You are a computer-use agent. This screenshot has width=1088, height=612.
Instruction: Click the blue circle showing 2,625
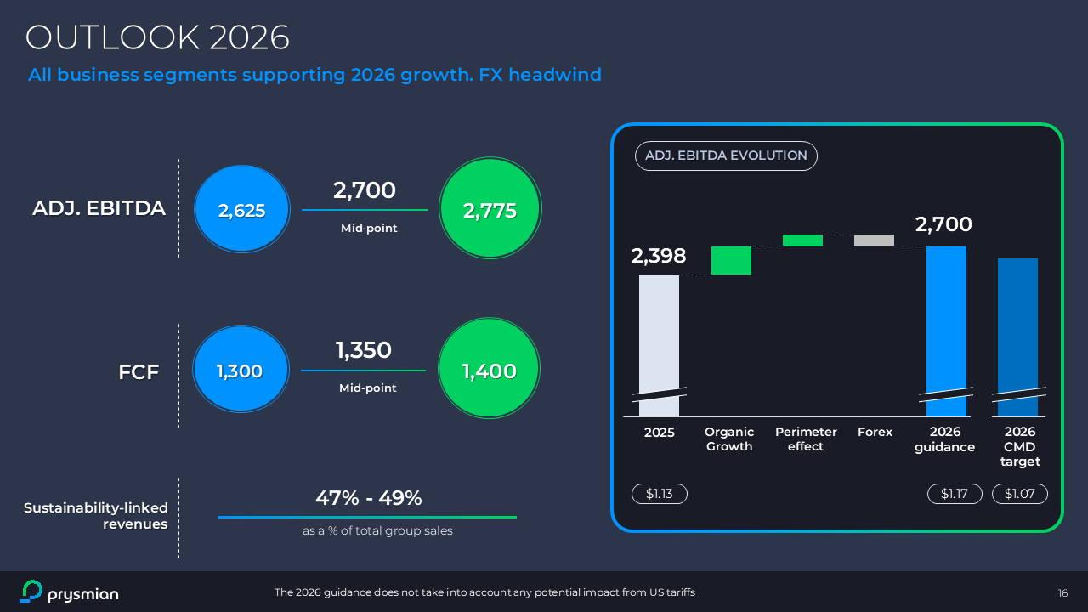pyautogui.click(x=242, y=210)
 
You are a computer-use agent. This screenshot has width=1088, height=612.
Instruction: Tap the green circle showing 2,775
pyautogui.click(x=490, y=210)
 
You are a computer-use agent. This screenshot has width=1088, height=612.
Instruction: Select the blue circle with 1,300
pyautogui.click(x=240, y=371)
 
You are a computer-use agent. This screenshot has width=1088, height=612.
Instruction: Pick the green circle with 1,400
pyautogui.click(x=489, y=370)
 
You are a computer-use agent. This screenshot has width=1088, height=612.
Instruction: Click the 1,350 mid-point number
pyautogui.click(x=363, y=350)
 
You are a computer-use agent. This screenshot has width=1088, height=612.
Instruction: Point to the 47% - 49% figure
pyautogui.click(x=368, y=498)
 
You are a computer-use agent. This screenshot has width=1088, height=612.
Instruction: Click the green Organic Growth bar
pyautogui.click(x=731, y=260)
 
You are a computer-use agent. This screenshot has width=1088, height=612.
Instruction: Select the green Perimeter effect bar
pyautogui.click(x=802, y=241)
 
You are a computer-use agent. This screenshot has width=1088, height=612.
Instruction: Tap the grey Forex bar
pyautogui.click(x=874, y=241)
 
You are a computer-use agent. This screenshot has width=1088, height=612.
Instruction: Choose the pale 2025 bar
pyautogui.click(x=659, y=340)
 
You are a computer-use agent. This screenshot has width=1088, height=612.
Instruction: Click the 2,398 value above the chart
pyautogui.click(x=659, y=256)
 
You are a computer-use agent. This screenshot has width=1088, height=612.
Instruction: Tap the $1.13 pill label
pyautogui.click(x=659, y=494)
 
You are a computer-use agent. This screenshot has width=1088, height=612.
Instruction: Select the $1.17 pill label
pyautogui.click(x=955, y=494)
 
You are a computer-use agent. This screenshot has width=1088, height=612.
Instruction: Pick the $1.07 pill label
pyautogui.click(x=1019, y=494)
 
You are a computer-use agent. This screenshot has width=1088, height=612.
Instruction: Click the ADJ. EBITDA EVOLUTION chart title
pyautogui.click(x=726, y=156)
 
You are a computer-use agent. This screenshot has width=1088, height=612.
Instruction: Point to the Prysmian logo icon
pyautogui.click(x=31, y=592)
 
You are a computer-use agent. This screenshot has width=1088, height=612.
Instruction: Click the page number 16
pyautogui.click(x=1062, y=592)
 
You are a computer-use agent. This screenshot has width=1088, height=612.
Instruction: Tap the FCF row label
pyautogui.click(x=139, y=371)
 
